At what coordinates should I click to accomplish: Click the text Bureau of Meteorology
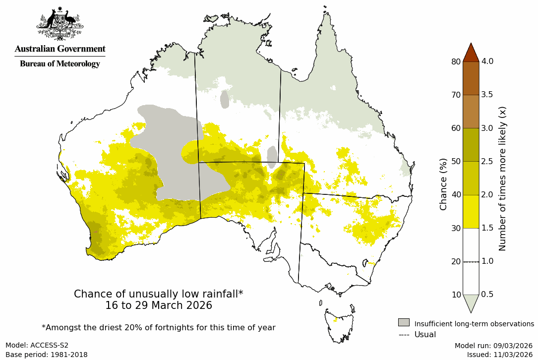(x=60, y=64)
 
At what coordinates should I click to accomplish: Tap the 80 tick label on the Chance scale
(x=456, y=61)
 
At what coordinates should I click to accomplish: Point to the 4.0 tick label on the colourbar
(x=487, y=61)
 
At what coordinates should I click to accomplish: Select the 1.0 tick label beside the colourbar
(x=487, y=261)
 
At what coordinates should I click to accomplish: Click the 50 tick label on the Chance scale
(x=456, y=161)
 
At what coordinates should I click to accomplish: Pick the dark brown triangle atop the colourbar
(x=471, y=53)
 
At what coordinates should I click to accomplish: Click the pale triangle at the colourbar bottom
(x=471, y=302)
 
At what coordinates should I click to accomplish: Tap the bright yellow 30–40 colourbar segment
(x=471, y=211)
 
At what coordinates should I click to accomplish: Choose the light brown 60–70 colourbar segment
(x=471, y=112)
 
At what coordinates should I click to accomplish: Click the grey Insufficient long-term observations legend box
(x=404, y=323)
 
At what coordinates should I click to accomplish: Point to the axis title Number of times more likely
(x=502, y=179)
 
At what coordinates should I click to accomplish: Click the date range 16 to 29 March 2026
(x=159, y=305)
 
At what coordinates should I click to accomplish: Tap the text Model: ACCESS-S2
(x=37, y=345)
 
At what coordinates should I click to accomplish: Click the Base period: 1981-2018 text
(x=47, y=355)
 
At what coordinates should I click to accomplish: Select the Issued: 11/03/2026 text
(x=499, y=355)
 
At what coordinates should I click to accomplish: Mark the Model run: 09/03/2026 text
(x=493, y=345)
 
